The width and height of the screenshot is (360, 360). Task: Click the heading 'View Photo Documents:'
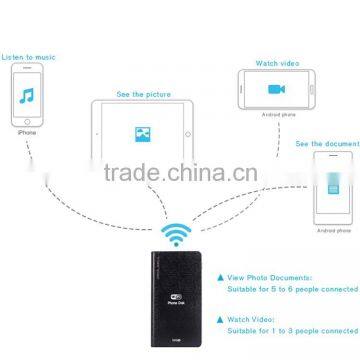tap(275, 275)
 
